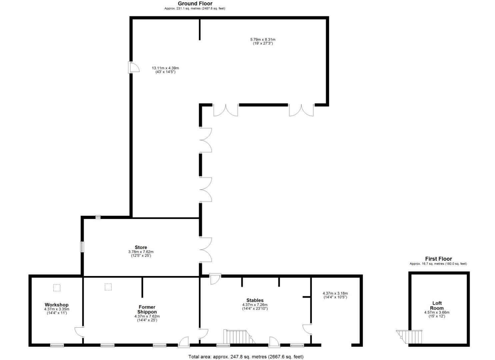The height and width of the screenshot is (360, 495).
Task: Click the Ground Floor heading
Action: tap(195, 4)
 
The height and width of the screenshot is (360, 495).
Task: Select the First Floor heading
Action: tap(438, 259)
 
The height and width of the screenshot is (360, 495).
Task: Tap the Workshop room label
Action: tap(57, 305)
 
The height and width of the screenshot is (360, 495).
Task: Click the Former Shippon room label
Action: tap(147, 309)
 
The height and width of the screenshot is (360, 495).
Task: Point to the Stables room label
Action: tap(255, 300)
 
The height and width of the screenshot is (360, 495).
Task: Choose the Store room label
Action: tap(141, 247)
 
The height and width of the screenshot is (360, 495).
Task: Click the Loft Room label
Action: tap(437, 305)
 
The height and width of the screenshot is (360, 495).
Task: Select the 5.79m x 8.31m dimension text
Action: tap(263, 41)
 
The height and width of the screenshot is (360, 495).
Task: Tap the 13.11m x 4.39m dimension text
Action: tap(165, 70)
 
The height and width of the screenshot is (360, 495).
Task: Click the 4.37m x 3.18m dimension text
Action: tap(335, 295)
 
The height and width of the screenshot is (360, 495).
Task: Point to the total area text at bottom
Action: tap(246, 357)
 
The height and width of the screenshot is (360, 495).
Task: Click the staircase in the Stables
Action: tap(237, 337)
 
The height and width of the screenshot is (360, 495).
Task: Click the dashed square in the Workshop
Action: tap(57, 288)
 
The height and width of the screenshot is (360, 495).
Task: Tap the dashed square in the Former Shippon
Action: tap(108, 287)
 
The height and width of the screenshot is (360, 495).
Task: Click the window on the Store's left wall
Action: tap(82, 247)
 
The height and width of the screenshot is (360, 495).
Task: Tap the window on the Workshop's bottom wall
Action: tap(57, 345)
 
